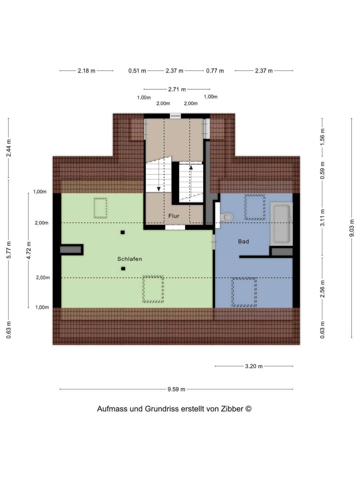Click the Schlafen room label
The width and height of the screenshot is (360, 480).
129,259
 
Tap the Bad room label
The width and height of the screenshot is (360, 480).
243,241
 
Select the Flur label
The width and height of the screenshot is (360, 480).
174,216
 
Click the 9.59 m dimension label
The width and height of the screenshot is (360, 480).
176,389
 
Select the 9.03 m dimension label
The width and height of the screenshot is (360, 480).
352,228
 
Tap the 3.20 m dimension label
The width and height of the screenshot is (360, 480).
254,366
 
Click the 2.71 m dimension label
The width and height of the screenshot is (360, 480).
177,89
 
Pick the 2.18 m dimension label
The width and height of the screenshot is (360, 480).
86,71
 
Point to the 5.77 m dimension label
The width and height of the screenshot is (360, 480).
9,250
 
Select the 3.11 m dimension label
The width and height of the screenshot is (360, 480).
322,217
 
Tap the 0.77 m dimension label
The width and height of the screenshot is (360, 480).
215,71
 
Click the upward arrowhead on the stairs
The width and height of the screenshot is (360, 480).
191,167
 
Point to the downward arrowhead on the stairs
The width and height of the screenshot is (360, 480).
159,189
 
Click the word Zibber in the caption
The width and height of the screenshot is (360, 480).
232,409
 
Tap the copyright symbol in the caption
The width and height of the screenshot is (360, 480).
248,409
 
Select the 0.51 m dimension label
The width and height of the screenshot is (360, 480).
137,71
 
